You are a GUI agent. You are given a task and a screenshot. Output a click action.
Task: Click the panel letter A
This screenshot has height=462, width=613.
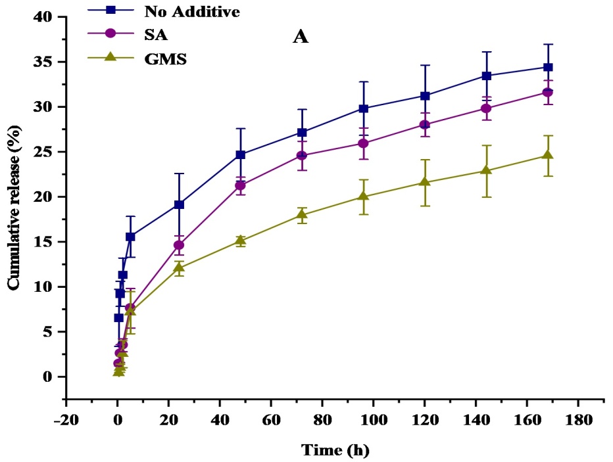pyautogui.click(x=301, y=37)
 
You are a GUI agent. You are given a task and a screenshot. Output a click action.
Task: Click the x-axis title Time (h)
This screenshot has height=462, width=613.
pyautogui.click(x=335, y=450)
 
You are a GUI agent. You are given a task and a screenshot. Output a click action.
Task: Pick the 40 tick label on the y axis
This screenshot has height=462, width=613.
pyautogui.click(x=41, y=17)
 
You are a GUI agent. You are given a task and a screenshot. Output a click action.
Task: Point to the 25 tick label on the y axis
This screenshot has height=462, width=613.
pyautogui.click(x=41, y=152)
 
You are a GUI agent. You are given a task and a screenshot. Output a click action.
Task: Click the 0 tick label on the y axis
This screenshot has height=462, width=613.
pyautogui.click(x=45, y=377)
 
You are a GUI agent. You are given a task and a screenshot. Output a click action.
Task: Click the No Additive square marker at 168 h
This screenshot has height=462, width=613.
pyautogui.click(x=548, y=67)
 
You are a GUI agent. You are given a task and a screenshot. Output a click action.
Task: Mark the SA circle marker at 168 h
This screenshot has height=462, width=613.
pyautogui.click(x=548, y=92)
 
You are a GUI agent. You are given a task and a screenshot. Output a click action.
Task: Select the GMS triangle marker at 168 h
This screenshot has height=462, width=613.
pyautogui.click(x=548, y=155)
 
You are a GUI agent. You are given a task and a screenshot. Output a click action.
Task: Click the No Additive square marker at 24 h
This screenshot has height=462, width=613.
pyautogui.click(x=179, y=204)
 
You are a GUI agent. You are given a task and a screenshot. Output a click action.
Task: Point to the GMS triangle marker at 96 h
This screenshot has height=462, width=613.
pyautogui.click(x=364, y=196)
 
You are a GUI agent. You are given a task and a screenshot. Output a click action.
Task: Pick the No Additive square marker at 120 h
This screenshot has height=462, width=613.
pyautogui.click(x=425, y=96)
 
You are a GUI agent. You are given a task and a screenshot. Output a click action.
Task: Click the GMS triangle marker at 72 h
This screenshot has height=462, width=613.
pyautogui.click(x=302, y=214)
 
